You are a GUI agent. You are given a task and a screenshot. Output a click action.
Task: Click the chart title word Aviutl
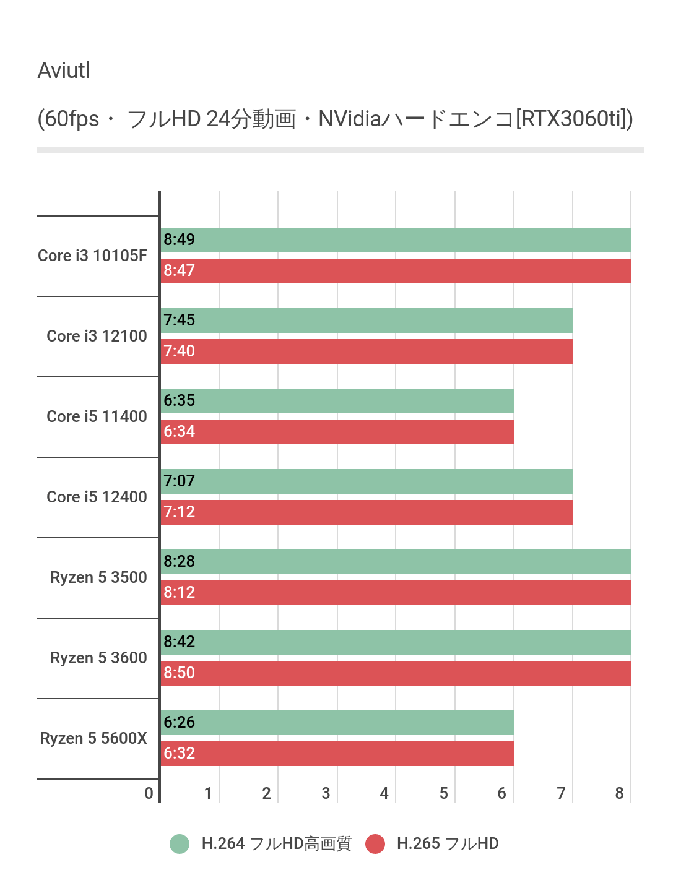[64, 71]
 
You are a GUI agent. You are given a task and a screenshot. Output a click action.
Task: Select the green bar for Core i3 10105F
[396, 240]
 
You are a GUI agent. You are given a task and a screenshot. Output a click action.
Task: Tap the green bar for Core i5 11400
[337, 401]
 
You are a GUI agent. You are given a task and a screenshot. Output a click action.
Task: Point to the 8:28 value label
[180, 562]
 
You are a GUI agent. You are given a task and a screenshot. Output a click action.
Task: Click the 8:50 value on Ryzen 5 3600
[180, 673]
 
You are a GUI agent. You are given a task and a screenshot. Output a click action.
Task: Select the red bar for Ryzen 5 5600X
[337, 754]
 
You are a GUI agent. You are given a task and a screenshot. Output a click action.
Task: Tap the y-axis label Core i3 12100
[97, 337]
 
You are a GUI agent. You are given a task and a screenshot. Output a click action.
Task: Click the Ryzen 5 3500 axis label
[99, 578]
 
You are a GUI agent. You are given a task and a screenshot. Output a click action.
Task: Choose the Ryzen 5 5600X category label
[94, 739]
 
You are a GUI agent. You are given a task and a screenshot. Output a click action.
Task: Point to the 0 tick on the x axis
[149, 794]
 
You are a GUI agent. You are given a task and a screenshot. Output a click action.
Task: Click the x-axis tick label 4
[384, 794]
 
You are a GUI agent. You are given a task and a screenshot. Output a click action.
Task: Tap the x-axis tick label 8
[620, 794]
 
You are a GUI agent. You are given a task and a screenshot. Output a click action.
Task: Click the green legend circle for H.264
[180, 844]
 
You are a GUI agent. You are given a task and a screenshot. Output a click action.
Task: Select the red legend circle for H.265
[375, 844]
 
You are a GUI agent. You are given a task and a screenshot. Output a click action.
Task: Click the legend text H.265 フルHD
[448, 844]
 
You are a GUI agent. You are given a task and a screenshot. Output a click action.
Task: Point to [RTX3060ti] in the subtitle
[574, 119]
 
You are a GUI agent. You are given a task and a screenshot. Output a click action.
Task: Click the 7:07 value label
[180, 481]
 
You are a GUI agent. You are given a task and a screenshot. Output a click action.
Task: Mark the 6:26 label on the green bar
[180, 723]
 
